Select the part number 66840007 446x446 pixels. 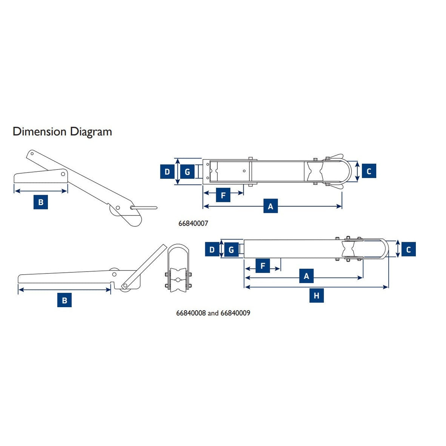coord(193,223)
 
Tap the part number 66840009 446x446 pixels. coord(235,313)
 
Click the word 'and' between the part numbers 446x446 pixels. coord(213,313)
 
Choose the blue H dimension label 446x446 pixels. coord(316,296)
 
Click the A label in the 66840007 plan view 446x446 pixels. coord(270,206)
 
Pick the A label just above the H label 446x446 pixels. coord(306,276)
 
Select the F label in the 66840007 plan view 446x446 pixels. coord(223,195)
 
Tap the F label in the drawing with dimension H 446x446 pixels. coord(263,266)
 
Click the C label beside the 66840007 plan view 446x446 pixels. coord(369,171)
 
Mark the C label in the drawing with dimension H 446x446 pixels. coord(408,249)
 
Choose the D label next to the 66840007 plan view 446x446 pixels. coord(167,172)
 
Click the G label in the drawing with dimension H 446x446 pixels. coord(231,249)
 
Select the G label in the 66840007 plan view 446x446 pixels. coord(187,172)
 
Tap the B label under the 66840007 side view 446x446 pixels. coord(41,202)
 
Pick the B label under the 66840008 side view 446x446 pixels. coord(65,300)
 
